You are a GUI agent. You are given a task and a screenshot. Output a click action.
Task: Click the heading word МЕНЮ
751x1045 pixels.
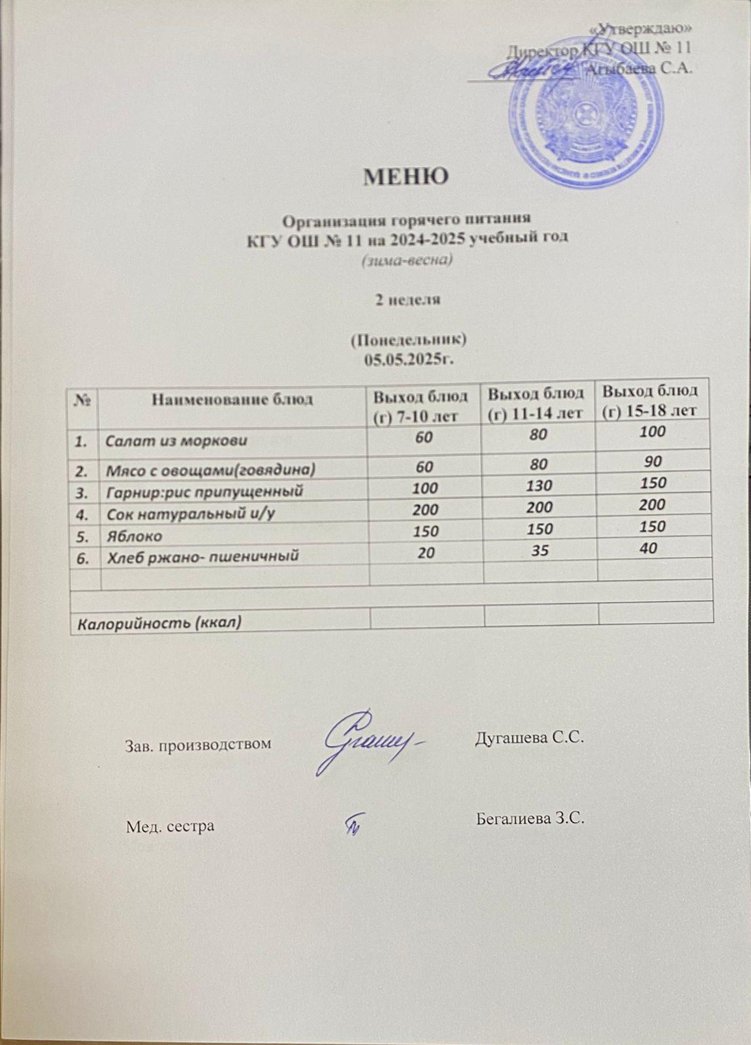(406, 176)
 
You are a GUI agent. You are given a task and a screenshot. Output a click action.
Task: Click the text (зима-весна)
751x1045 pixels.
(407, 261)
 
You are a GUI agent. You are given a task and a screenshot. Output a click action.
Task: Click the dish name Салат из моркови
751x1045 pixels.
(177, 440)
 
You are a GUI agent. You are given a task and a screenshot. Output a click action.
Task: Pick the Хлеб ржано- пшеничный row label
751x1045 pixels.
(202, 556)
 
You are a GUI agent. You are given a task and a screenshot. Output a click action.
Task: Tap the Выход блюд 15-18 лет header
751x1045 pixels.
(650, 400)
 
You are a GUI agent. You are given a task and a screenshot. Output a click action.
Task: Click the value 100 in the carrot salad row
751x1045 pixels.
(652, 431)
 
